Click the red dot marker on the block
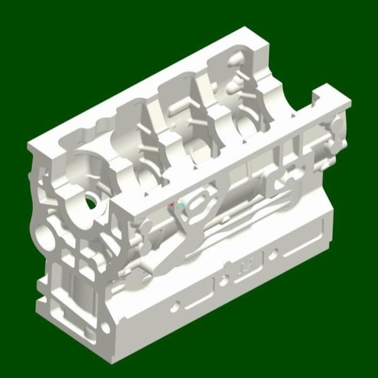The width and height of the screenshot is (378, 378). click(x=171, y=205)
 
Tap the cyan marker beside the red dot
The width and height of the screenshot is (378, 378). click(x=181, y=206)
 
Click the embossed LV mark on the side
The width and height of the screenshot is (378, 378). click(x=246, y=265)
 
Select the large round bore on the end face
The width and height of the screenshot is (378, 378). click(x=47, y=238)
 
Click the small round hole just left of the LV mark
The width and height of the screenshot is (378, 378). click(x=225, y=278)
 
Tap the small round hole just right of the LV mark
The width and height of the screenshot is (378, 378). click(x=273, y=255)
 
